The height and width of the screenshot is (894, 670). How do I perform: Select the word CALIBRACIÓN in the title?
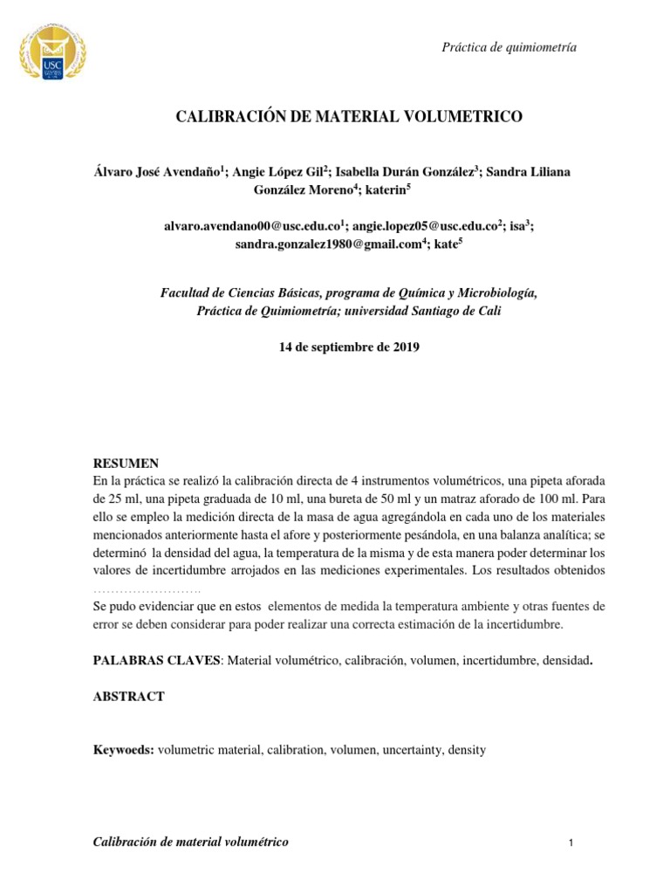click(226, 116)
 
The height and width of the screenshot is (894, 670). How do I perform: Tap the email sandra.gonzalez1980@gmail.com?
click(328, 246)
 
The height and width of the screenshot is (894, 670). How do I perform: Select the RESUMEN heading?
click(126, 463)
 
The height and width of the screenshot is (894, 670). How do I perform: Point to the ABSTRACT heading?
click(128, 697)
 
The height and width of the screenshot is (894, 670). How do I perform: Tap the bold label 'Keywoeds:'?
click(124, 750)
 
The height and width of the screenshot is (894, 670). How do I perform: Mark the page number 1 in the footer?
click(569, 843)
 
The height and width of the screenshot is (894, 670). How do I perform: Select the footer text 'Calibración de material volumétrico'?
click(190, 842)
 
